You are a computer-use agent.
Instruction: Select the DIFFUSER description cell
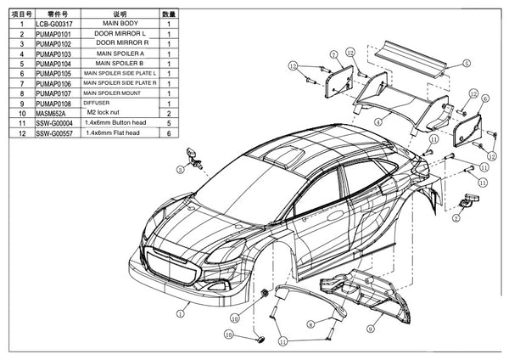pos(98,103)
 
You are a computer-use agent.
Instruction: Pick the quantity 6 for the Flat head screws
pos(169,133)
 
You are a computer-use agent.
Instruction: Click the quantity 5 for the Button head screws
pos(169,123)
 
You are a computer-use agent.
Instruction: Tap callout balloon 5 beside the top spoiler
pos(466,62)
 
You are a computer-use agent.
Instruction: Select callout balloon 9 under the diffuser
pos(370,327)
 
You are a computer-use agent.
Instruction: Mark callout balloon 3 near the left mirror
pos(181,170)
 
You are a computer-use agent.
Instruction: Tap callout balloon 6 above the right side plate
pos(484,99)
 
